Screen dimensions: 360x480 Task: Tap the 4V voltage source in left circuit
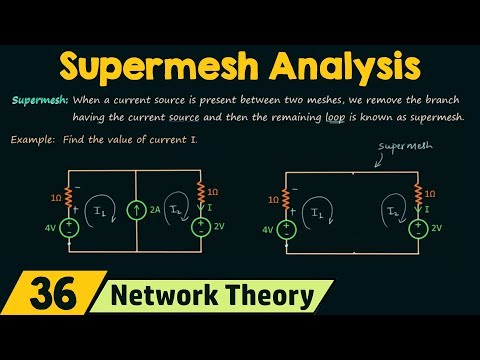(x=70, y=229)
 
